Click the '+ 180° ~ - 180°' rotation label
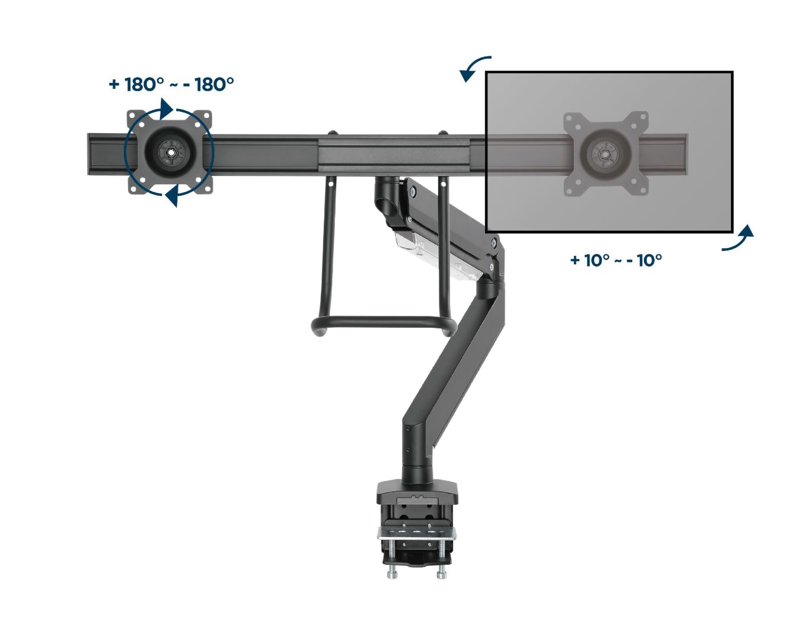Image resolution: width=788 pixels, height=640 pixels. (x=171, y=85)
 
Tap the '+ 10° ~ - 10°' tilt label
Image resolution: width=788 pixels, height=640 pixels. (x=615, y=260)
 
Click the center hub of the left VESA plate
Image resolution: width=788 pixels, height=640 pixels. (x=170, y=152)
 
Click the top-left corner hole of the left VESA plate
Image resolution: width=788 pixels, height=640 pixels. (x=135, y=116)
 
